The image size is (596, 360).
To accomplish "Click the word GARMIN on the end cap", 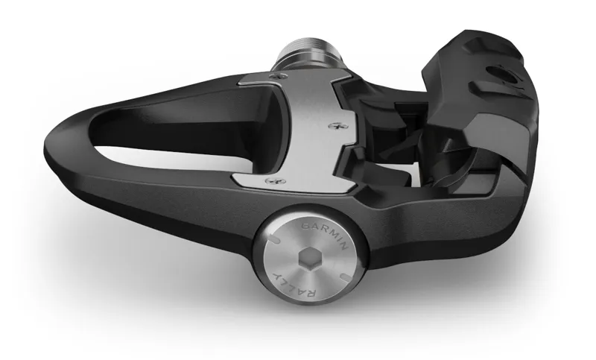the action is pos(325,234).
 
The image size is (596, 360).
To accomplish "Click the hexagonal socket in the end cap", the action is pos(310,261).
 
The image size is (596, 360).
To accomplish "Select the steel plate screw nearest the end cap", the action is pos(274,180).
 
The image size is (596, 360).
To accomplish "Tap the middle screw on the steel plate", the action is pos(337,125).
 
